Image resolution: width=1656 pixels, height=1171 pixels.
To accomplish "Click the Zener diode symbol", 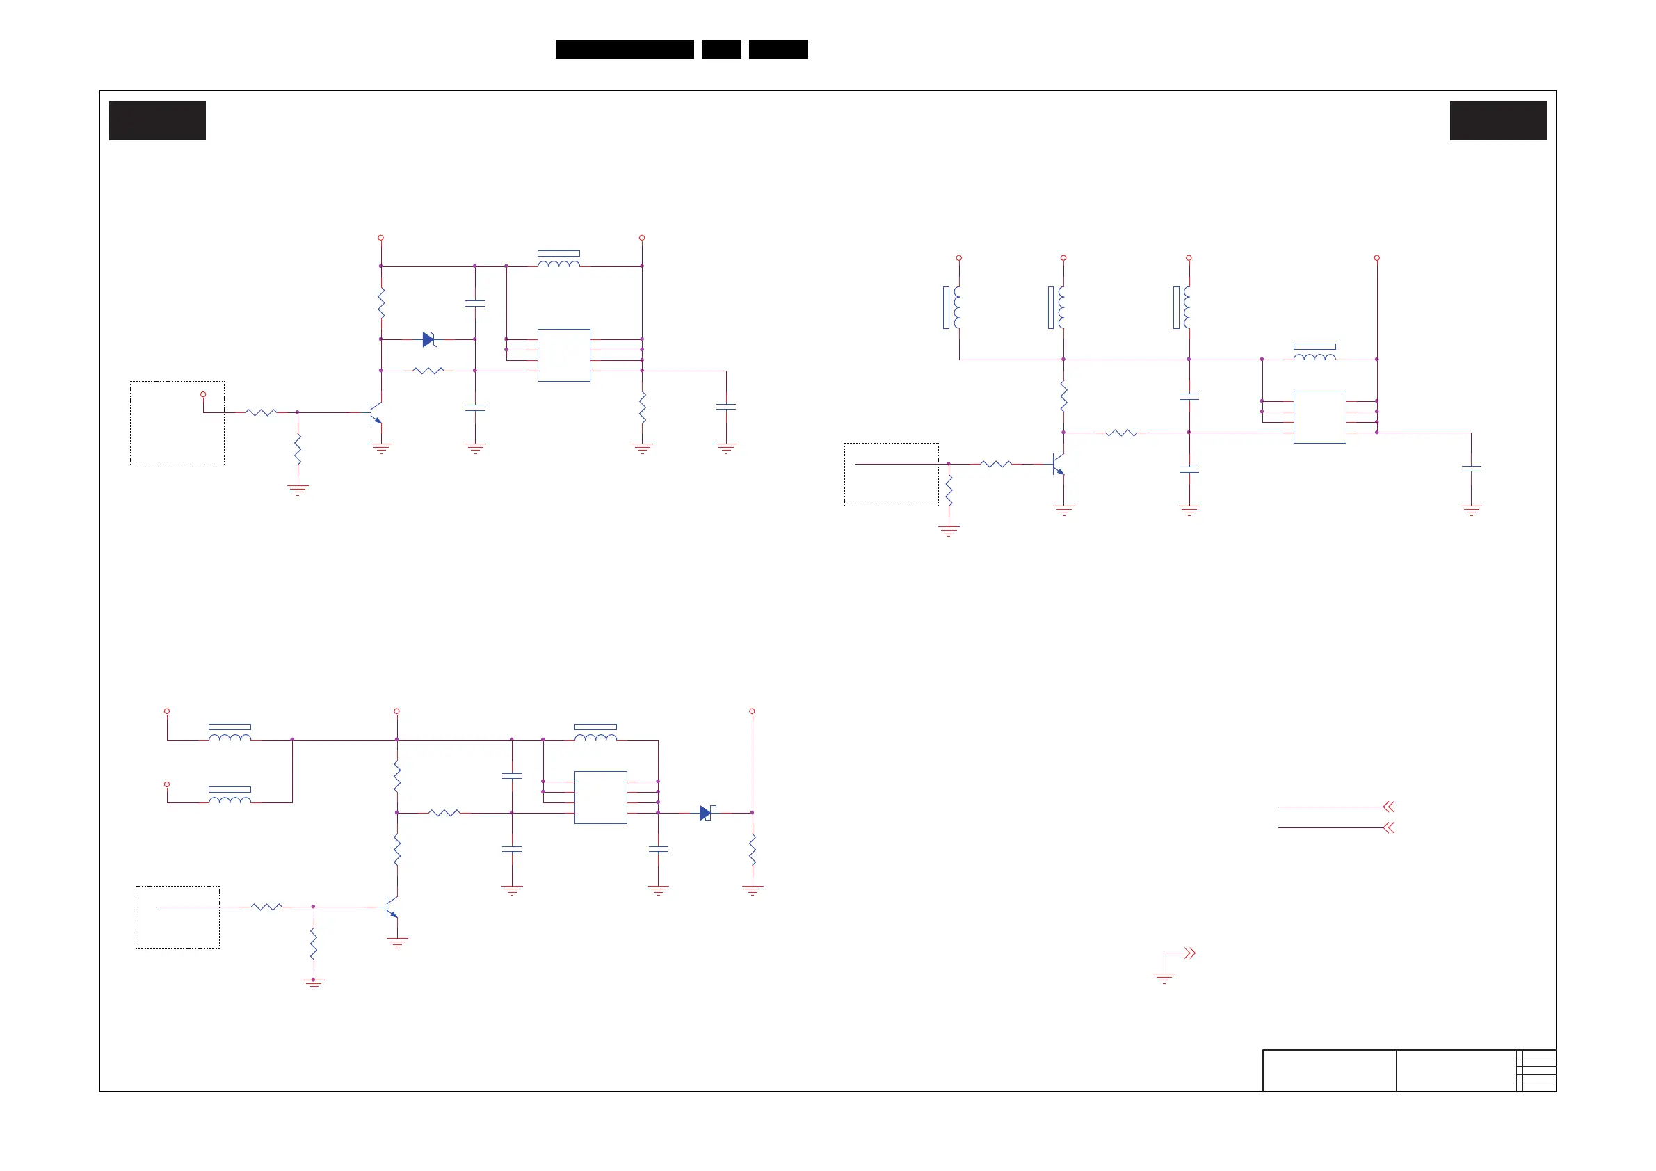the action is [429, 339].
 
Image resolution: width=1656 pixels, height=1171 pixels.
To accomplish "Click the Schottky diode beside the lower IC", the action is [706, 813].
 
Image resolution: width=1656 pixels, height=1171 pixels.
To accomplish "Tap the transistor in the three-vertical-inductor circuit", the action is [1058, 465].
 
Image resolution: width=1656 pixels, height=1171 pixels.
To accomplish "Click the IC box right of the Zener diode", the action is [563, 355].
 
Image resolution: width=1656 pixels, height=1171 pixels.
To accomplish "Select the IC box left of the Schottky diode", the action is [600, 797].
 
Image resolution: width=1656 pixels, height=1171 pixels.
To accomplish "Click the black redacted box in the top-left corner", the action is [157, 120].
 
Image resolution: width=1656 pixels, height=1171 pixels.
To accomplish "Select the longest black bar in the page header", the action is [624, 49].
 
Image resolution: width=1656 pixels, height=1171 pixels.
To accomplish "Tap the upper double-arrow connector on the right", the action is [1388, 807].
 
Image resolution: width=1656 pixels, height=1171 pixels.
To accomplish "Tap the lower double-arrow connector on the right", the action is [1388, 827].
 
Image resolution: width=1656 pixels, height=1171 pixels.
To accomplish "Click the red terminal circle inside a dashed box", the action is [203, 394].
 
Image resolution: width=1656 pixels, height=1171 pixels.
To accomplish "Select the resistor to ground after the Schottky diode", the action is [753, 851].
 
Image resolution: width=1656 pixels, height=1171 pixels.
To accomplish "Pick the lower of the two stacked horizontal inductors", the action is [230, 798].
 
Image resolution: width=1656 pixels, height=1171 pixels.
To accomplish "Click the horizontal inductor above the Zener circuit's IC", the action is [558, 261].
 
